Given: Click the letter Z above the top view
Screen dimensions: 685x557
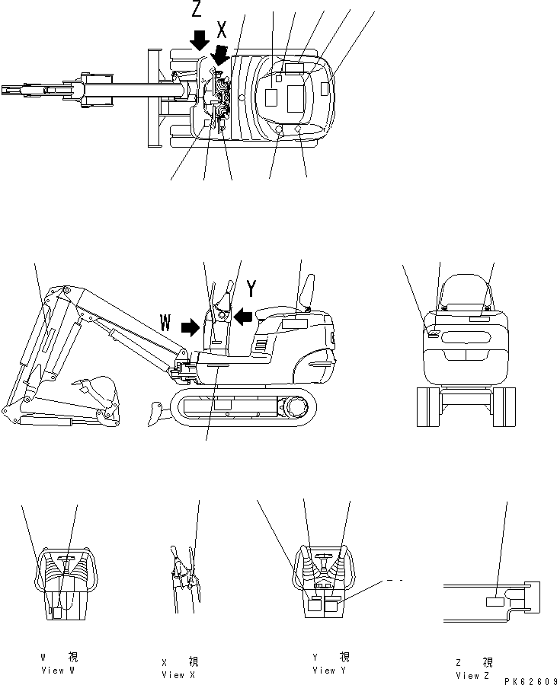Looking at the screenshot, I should tap(197, 10).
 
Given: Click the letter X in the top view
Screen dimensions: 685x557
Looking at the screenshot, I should tap(222, 30).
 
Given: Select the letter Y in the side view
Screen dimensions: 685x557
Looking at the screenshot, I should tap(251, 288).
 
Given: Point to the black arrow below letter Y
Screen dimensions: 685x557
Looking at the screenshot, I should tap(242, 315).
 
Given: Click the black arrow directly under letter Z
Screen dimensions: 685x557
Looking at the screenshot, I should tap(199, 40).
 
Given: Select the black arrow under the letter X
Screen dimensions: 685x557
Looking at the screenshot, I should tap(221, 55).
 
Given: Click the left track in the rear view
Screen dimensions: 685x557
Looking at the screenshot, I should tap(427, 406).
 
